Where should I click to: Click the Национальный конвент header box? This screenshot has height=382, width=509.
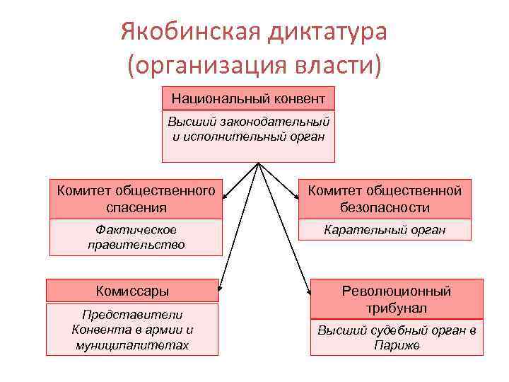tap(248, 98)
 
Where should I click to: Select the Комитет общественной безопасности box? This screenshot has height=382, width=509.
tap(385, 199)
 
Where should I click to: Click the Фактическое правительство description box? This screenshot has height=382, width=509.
tap(136, 237)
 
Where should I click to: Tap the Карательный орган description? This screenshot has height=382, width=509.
tap(385, 230)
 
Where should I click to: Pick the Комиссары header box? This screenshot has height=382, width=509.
tap(132, 291)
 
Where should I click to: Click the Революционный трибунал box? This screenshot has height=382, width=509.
tap(396, 299)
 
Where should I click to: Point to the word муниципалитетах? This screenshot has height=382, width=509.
tap(132, 345)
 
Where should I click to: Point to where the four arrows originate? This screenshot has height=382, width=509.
tap(258, 164)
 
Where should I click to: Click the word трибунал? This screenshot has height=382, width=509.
tap(396, 308)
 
